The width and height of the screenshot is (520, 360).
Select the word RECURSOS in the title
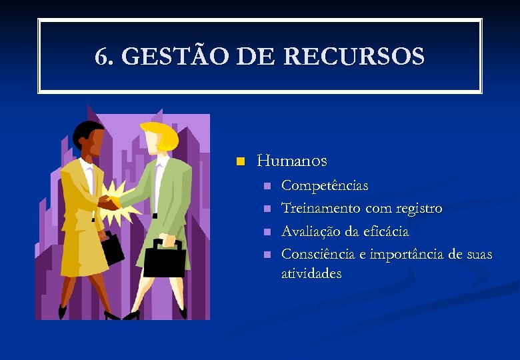coord(354,57)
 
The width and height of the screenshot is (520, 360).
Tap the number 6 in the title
coord(101,57)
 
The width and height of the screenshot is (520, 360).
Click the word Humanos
coord(292,161)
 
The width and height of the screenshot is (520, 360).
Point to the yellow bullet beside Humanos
coord(241,161)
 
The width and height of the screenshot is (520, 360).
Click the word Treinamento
coord(321,208)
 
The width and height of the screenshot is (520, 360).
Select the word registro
coord(419,208)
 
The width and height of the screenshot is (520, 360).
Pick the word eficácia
coord(386,231)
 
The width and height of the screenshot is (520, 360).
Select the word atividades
coord(311,273)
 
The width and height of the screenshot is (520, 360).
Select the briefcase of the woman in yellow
coord(113,247)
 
